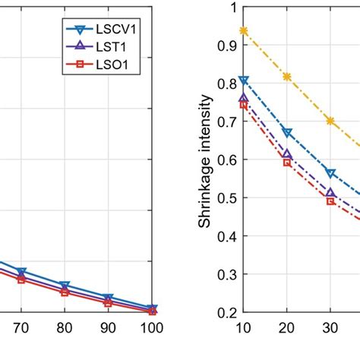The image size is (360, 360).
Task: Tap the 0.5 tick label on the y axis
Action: coord(225,197)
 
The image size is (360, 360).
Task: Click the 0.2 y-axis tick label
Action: coord(225,311)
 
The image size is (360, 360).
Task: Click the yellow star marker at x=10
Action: coord(243,30)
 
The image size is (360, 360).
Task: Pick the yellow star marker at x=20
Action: coord(286,77)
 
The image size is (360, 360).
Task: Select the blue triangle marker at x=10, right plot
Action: coord(243,80)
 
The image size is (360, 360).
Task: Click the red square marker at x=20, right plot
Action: coord(286,162)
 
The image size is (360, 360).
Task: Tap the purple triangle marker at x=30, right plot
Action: coord(330,194)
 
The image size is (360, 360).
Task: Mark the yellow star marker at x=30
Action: coord(330,121)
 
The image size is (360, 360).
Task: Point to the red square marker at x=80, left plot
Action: coord(65,292)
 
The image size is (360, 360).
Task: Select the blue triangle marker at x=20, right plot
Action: coord(286,132)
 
